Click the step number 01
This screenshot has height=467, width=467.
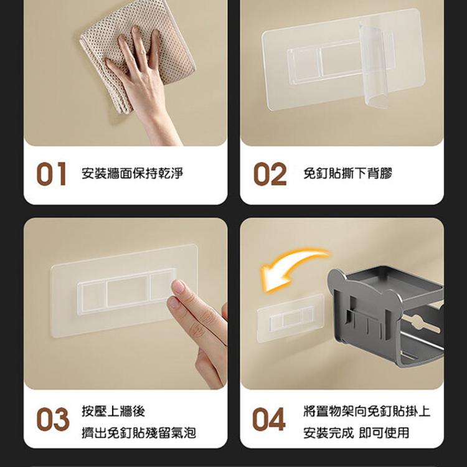pos(51,174)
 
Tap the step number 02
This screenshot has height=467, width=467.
pos(270,174)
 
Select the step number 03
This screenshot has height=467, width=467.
pos(53,419)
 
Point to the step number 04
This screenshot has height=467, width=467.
pos(268,419)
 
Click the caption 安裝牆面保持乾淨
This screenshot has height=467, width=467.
pos(132,173)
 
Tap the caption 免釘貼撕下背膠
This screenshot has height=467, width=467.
pos(347,173)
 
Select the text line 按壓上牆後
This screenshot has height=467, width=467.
pos(113,411)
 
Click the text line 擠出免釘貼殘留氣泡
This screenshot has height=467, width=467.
pos(139,433)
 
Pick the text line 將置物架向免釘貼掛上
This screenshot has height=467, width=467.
pos(367,411)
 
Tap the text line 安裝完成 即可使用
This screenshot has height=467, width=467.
pos(356,433)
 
